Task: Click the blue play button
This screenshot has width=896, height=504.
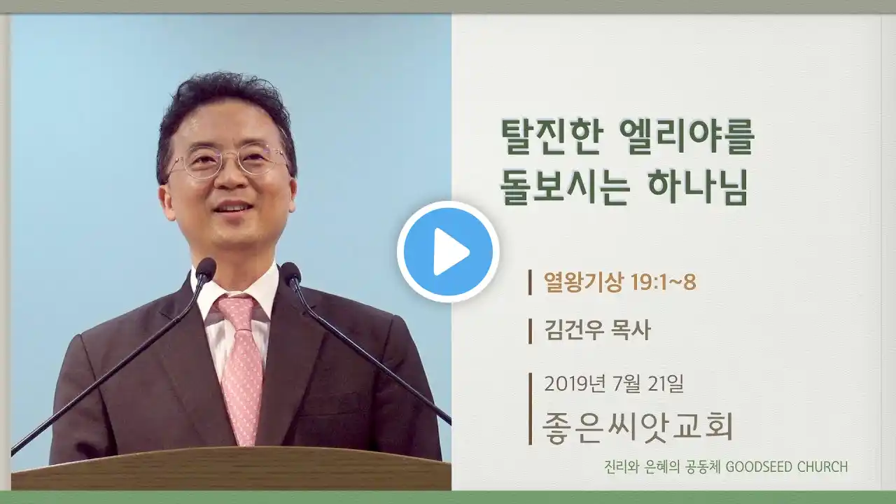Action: point(448,251)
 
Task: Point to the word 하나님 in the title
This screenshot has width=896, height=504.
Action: point(699,186)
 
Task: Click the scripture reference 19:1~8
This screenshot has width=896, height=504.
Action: point(663,282)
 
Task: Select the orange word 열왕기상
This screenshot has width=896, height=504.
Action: point(583,282)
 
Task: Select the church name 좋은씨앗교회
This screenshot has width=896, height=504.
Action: point(638,427)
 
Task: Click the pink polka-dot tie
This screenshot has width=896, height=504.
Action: point(239,366)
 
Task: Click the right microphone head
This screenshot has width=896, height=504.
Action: point(291,274)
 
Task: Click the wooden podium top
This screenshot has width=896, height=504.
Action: point(231,468)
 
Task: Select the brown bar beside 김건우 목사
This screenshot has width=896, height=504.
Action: point(530,331)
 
